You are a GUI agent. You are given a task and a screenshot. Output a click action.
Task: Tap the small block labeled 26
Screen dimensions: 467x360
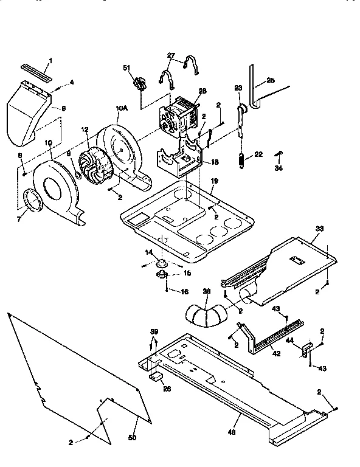point(156,377)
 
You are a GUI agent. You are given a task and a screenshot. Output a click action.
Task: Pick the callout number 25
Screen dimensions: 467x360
point(271,80)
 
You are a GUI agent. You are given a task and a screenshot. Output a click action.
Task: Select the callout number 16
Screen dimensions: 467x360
point(185,292)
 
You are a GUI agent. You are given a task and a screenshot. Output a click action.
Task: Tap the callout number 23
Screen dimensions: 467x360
point(238,88)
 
